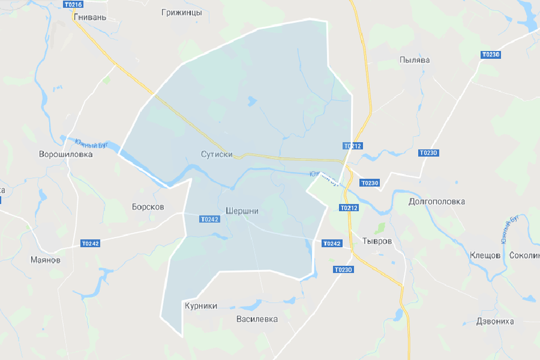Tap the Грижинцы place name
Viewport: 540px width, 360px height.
(181, 12)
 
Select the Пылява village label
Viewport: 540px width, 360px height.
(414, 60)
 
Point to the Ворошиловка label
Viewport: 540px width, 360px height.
(65, 154)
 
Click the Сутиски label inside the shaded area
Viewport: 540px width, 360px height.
(217, 154)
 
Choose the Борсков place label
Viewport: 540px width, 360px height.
(148, 206)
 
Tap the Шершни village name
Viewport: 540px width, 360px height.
(242, 211)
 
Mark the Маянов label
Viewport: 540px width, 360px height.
(45, 259)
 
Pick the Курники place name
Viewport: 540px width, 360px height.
(201, 306)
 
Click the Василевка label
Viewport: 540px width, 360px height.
(256, 319)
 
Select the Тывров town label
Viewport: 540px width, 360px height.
(377, 241)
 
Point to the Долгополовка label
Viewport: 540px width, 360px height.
(436, 202)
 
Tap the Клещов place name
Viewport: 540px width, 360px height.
(485, 255)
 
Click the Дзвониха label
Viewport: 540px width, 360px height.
(495, 321)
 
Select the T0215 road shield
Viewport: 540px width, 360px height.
(73, 4)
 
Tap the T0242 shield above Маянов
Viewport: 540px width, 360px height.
(90, 243)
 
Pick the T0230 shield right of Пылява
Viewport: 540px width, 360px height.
(490, 55)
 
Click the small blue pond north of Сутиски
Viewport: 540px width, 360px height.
(252, 101)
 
